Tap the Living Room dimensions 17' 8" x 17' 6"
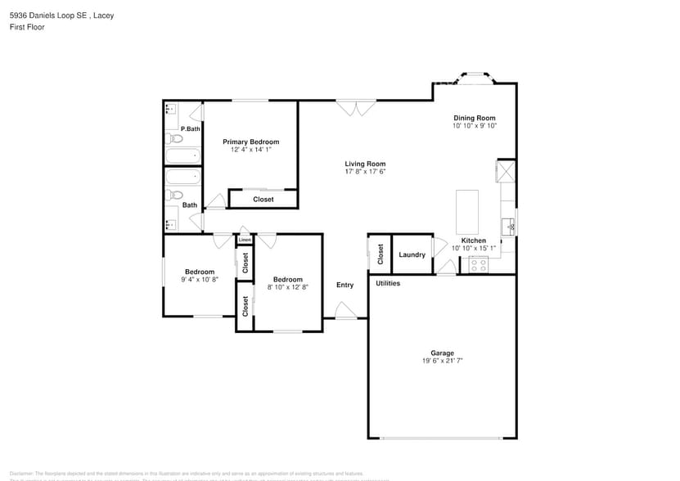point(364,172)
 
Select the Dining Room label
point(475,119)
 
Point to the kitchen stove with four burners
point(477,264)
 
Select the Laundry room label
point(412,255)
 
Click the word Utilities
point(388,283)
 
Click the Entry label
point(345,285)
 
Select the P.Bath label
point(190,128)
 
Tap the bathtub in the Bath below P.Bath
point(182,177)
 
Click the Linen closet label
point(245,240)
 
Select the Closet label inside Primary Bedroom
point(263,199)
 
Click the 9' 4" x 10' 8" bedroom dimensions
point(200,280)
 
